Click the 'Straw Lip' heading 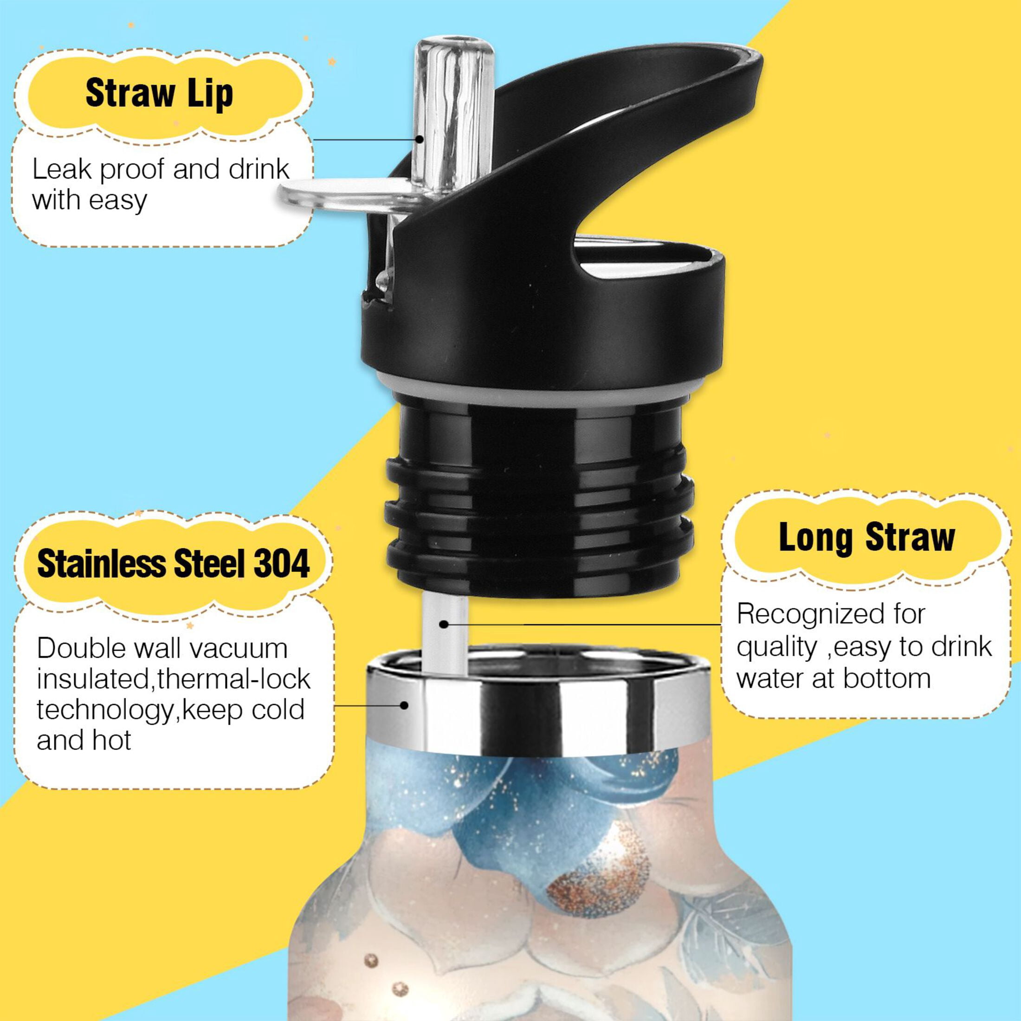159,94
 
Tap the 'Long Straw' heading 866,537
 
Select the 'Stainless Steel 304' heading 173,563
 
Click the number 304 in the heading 281,563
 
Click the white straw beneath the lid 445,629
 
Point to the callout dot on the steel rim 405,704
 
